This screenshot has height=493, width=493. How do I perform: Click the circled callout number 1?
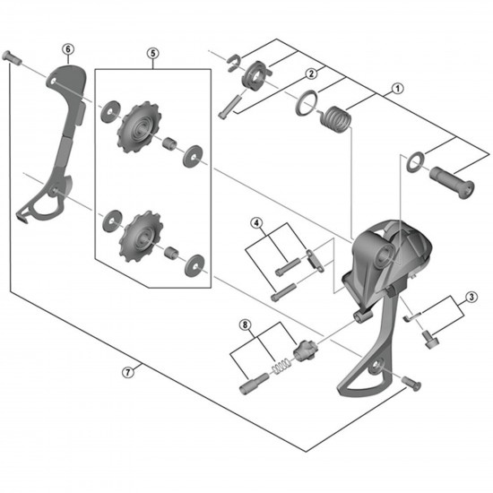point(397,89)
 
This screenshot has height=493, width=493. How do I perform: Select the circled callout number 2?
point(311,74)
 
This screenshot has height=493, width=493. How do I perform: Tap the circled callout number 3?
point(471,297)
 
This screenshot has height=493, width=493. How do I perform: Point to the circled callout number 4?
point(256,223)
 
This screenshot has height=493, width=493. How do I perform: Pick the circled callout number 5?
point(152,53)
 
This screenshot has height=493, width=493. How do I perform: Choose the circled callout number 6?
point(68,49)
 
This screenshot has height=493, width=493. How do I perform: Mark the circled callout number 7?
point(127,373)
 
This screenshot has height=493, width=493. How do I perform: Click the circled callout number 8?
point(246,324)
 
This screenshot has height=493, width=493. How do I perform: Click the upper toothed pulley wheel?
point(139,127)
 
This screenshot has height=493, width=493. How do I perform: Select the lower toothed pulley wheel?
point(141,237)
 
